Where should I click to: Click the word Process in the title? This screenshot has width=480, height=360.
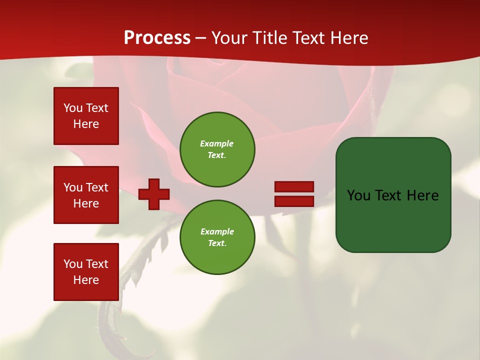pyautogui.click(x=157, y=38)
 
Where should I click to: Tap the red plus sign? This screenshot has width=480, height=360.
pyautogui.click(x=154, y=194)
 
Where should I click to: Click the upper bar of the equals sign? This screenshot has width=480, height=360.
pyautogui.click(x=294, y=186)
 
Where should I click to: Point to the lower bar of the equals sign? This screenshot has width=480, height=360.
pyautogui.click(x=294, y=201)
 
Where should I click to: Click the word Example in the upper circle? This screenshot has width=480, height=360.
pyautogui.click(x=216, y=143)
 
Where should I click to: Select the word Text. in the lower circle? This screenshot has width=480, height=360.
pyautogui.click(x=217, y=243)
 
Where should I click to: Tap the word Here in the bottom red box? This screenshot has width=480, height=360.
pyautogui.click(x=86, y=280)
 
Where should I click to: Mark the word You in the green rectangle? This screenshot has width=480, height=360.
pyautogui.click(x=359, y=195)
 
